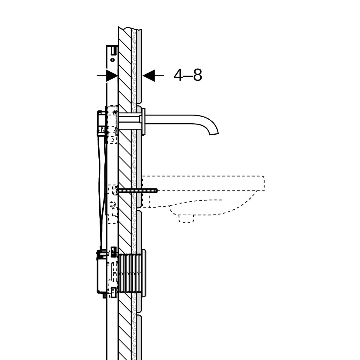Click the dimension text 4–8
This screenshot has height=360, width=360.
point(188,75)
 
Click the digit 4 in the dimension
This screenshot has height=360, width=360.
point(178,75)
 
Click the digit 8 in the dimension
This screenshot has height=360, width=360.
point(197,75)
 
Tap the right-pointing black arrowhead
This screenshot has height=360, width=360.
point(112,76)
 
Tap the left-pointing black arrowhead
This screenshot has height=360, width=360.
point(148,76)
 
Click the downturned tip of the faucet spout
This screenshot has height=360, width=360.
point(214,134)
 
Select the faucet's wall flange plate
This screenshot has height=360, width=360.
point(144,122)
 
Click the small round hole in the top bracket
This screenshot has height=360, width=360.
point(112,60)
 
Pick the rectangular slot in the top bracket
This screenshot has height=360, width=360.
point(113,51)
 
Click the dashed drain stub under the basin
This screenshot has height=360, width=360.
point(186,219)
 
